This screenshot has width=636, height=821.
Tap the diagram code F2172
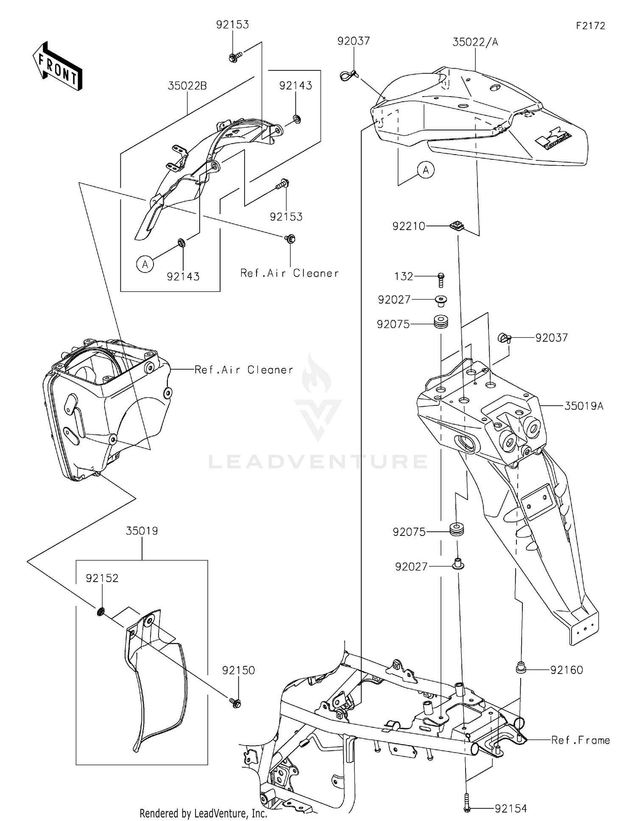click(590, 26)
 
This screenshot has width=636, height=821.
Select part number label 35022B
click(187, 86)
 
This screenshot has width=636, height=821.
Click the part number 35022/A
click(475, 42)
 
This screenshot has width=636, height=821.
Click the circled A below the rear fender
click(426, 170)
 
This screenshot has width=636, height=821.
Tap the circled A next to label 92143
click(145, 264)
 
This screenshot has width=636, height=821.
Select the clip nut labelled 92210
click(456, 225)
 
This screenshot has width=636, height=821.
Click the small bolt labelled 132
click(441, 280)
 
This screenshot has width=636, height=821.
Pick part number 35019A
click(583, 406)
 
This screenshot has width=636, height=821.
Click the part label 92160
click(566, 670)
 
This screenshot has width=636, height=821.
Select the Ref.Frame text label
click(580, 740)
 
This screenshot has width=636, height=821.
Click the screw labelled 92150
click(236, 703)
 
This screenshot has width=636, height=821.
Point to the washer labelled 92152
click(101, 612)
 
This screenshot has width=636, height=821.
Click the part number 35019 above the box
click(142, 531)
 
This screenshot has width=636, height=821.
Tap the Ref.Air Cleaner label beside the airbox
click(243, 370)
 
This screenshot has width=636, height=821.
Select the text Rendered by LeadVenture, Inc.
click(203, 813)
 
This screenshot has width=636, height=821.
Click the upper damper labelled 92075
click(441, 322)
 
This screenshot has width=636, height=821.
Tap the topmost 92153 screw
click(234, 57)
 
